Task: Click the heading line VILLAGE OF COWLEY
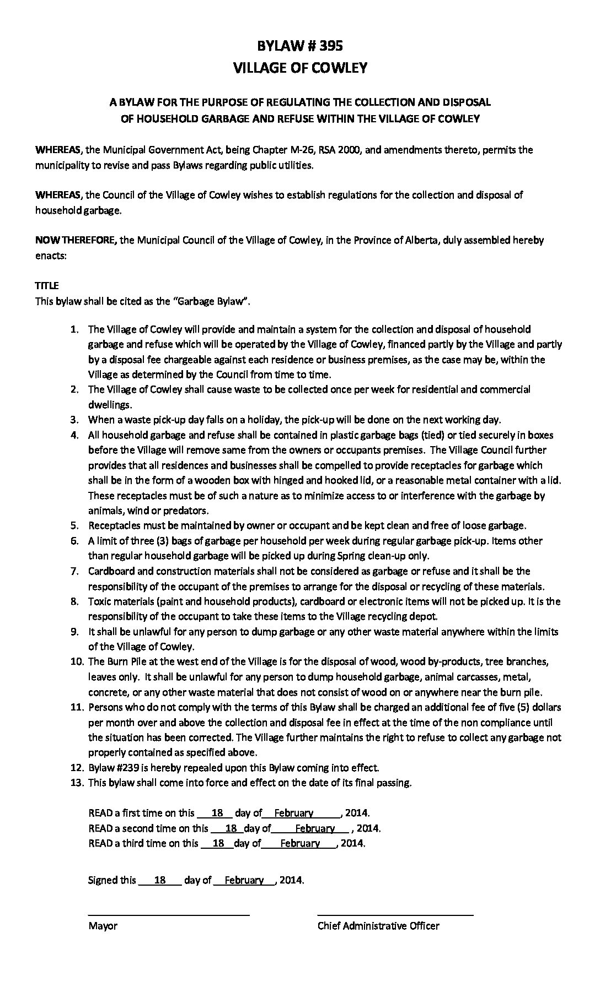[x=300, y=68]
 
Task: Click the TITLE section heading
[x=47, y=286]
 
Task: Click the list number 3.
[x=74, y=420]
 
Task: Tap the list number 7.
[x=74, y=571]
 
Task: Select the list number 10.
[x=77, y=661]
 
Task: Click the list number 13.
[x=77, y=783]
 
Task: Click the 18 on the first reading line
[x=217, y=813]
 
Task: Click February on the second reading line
[x=314, y=828]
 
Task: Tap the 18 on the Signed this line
[x=160, y=880]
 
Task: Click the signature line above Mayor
[x=169, y=915]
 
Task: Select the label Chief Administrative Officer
[x=378, y=926]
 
